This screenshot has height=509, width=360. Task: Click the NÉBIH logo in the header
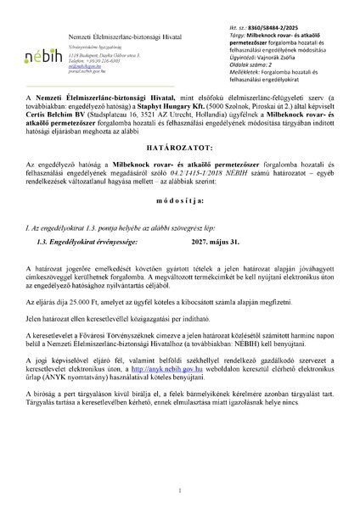coord(41,53)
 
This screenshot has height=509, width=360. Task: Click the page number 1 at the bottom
coord(179,489)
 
